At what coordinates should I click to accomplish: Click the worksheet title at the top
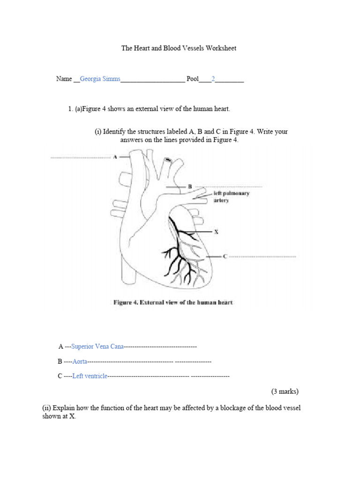click(179, 48)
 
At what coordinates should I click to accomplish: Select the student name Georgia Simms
click(100, 79)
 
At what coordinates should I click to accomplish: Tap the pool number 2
click(213, 79)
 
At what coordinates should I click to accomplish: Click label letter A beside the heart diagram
click(115, 157)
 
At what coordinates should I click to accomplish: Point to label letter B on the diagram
click(189, 187)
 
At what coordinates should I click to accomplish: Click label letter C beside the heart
click(225, 256)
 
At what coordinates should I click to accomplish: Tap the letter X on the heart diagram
click(216, 232)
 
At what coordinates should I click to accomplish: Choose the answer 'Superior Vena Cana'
click(97, 346)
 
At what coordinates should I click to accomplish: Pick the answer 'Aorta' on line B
click(80, 361)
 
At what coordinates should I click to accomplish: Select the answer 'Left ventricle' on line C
click(90, 376)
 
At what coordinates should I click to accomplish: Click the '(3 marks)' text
click(285, 391)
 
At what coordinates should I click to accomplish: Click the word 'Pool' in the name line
click(193, 79)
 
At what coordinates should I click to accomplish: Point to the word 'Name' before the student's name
click(64, 79)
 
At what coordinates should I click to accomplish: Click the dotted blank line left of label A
click(81, 157)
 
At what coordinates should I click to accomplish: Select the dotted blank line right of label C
click(262, 257)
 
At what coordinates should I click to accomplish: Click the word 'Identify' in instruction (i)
click(115, 132)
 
